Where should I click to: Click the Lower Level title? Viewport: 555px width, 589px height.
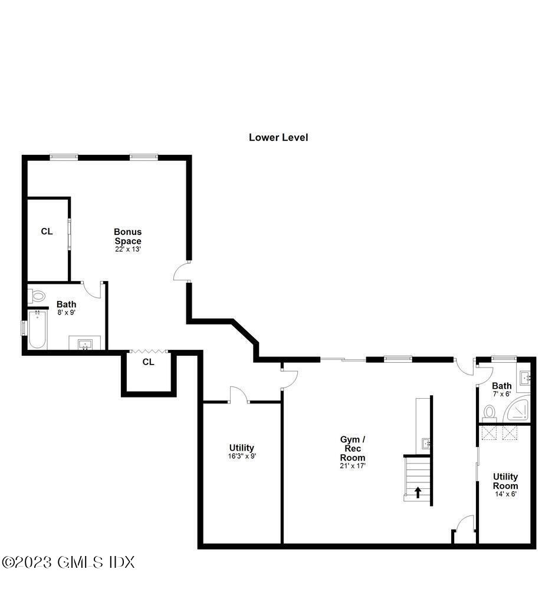tap(278, 138)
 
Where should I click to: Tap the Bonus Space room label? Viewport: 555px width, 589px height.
tap(128, 236)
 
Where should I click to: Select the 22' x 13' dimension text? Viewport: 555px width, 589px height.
tap(128, 249)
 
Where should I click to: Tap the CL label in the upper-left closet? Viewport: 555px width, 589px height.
tap(47, 231)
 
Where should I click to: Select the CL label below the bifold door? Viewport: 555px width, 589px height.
tap(148, 362)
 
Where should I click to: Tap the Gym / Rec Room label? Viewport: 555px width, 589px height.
tap(353, 448)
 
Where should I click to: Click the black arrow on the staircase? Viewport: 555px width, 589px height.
tap(418, 492)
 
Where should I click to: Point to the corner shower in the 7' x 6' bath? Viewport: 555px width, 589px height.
tap(519, 409)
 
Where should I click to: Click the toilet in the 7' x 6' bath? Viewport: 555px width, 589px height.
tap(490, 411)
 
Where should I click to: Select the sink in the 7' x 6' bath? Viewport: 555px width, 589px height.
tap(524, 378)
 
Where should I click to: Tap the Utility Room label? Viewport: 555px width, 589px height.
tap(505, 481)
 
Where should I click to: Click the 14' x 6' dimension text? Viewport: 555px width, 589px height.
tap(505, 494)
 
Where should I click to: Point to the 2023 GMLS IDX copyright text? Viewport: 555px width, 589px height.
tap(68, 562)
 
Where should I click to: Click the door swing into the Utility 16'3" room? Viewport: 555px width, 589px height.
tap(238, 395)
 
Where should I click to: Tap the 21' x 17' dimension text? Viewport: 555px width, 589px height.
tap(353, 466)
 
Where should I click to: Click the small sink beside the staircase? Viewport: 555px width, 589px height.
tap(426, 444)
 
